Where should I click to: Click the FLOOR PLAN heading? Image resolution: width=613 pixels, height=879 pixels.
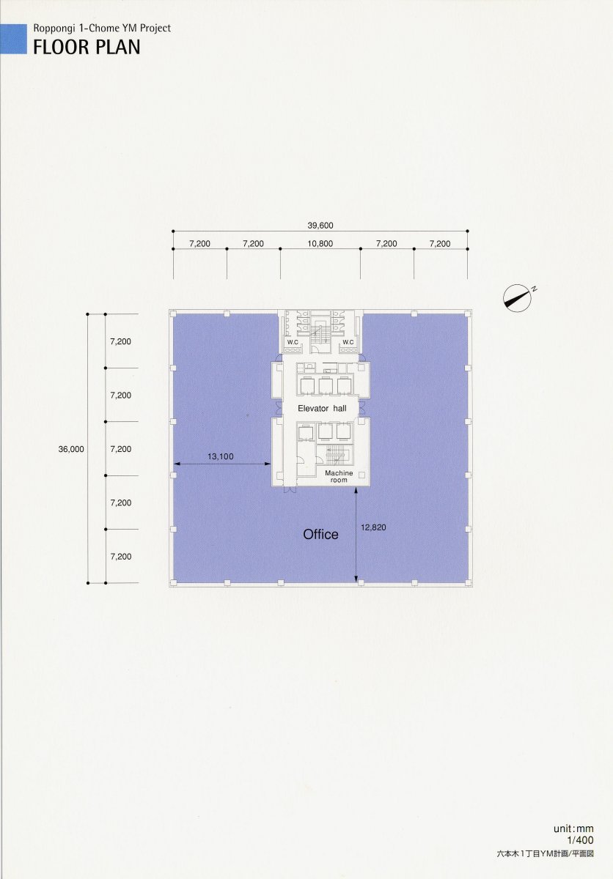87,47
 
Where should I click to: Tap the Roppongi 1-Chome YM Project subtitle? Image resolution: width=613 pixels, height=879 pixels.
102,29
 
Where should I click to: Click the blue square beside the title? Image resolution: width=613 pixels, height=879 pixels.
13,39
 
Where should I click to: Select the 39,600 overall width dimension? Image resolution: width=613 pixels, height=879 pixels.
320,226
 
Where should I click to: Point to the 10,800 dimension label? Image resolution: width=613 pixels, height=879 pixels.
320,244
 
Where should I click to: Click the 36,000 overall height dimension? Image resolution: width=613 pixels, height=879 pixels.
71,449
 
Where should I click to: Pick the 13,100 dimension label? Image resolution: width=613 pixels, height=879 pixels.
221,456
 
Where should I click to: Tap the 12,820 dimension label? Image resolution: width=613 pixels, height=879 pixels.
373,527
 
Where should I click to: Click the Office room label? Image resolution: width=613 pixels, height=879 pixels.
320,534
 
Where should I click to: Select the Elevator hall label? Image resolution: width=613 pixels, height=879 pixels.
322,409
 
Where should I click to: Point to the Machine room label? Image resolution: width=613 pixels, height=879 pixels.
339,476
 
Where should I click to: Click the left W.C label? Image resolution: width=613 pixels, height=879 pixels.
293,342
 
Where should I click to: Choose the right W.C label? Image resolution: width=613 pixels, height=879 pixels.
348,342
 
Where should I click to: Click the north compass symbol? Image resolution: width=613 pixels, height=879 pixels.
518,296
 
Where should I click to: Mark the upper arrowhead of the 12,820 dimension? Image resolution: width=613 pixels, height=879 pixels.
356,490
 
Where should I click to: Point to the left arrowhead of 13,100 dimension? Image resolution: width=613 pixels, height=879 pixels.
177,464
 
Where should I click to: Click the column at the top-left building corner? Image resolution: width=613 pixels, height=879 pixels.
173,314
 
